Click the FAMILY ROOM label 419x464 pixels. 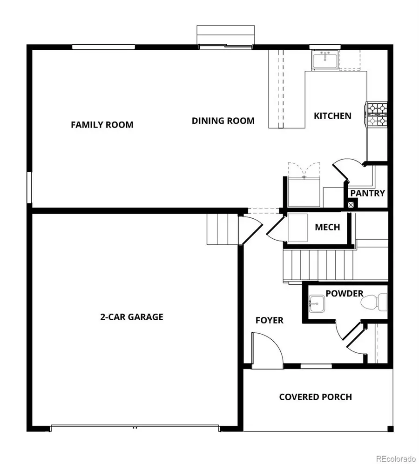click(x=102, y=125)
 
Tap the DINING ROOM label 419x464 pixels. click(x=223, y=121)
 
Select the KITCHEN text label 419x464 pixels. click(x=332, y=116)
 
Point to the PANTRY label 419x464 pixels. click(x=367, y=193)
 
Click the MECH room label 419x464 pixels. click(x=327, y=228)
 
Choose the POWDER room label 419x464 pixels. click(x=344, y=294)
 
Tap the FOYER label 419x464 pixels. click(x=269, y=320)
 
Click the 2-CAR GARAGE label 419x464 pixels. click(x=132, y=317)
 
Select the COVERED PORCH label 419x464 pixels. click(x=315, y=397)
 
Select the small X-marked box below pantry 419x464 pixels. click(x=351, y=203)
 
